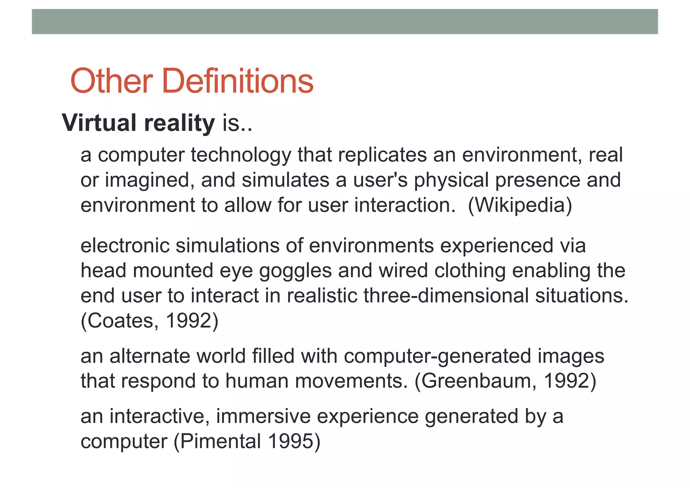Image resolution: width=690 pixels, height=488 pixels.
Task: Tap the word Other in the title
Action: (112, 81)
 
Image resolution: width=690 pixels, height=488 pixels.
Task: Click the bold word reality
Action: (179, 123)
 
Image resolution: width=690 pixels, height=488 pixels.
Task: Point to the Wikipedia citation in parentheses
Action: (520, 205)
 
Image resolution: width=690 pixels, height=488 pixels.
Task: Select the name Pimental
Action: (221, 441)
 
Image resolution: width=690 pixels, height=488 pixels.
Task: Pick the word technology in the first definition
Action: (241, 155)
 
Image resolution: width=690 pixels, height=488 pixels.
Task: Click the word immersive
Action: (263, 416)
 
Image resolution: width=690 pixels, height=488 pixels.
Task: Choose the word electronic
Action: (125, 246)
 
